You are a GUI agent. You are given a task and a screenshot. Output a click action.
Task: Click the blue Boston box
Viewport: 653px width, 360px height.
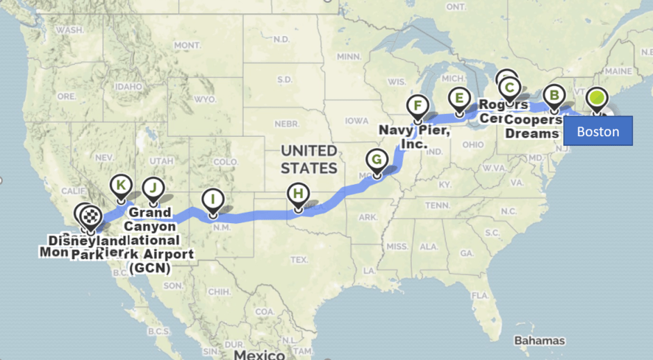point(597,131)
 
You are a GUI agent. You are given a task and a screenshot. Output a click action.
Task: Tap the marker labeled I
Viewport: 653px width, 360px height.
point(213,201)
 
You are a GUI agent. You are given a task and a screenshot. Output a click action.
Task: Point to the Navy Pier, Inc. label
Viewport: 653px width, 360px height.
point(415,136)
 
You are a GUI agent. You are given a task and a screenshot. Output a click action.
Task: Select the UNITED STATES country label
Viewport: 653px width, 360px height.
point(308,159)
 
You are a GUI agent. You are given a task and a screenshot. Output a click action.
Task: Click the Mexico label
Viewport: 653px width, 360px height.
point(258,354)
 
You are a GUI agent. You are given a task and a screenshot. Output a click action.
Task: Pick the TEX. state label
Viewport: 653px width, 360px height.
point(300,259)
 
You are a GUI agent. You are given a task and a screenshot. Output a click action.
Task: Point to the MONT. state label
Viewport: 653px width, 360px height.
point(187,45)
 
